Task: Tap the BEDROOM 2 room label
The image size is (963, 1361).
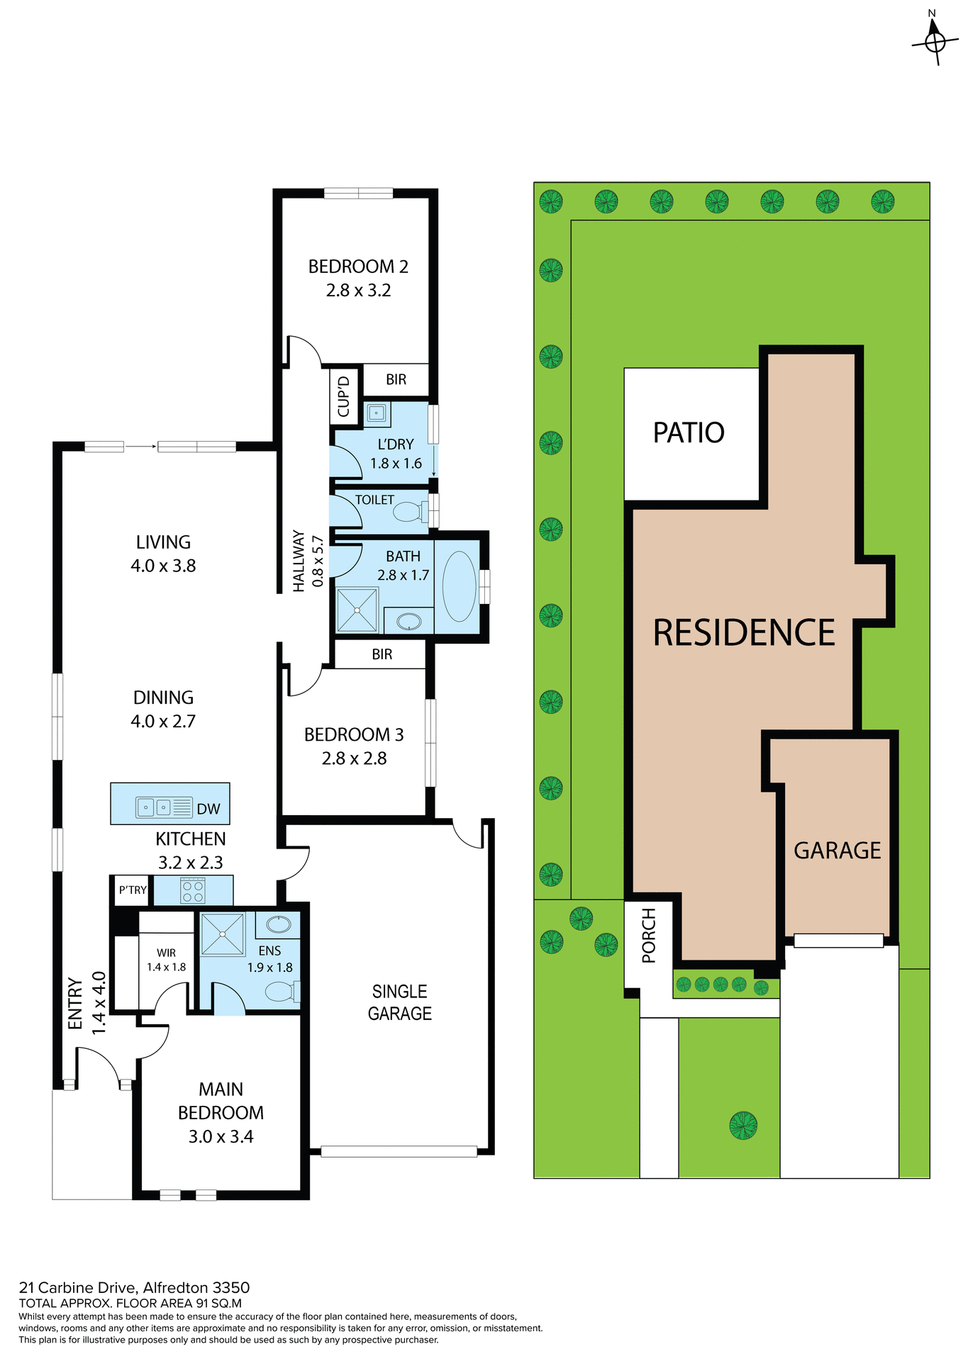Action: coord(358,267)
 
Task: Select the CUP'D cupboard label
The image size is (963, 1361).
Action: coord(344,396)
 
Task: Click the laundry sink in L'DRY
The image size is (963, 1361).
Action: coord(377,413)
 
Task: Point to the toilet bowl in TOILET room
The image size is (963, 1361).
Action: coord(407,510)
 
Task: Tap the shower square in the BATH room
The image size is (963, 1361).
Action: coord(357,610)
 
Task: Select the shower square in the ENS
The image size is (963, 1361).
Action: coord(222,934)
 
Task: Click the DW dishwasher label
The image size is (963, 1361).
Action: coord(208,809)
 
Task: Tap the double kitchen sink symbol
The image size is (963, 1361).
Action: coord(155,807)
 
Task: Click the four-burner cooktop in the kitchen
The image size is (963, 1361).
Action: coord(193,890)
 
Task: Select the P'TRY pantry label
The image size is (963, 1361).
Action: coord(133,890)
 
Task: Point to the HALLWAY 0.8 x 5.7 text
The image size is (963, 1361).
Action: coord(308,561)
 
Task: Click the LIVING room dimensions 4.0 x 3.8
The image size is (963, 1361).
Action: coord(163,566)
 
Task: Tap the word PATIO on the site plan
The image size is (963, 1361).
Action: coord(688,432)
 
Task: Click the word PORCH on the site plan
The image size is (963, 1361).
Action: coord(648,936)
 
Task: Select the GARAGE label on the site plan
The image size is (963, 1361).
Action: coord(837,850)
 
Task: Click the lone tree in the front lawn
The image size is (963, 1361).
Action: coord(742,1125)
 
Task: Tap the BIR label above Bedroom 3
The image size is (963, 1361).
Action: coord(382,654)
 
